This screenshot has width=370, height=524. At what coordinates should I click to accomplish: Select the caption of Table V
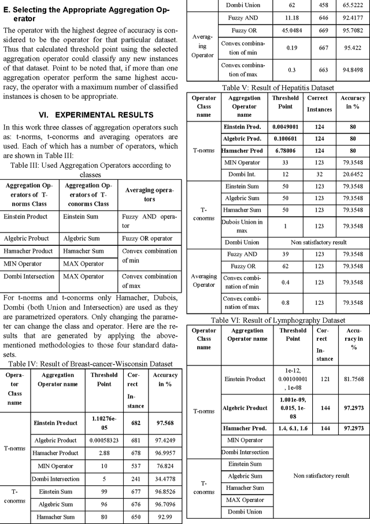(277, 87)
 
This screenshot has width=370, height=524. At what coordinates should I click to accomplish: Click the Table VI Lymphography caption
(278, 320)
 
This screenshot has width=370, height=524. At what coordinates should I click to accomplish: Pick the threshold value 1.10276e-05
(104, 422)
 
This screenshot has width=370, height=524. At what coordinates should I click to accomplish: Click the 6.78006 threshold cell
(286, 150)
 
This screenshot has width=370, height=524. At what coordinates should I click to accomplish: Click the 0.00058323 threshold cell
(104, 441)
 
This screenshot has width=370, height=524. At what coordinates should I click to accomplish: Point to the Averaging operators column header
(150, 195)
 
